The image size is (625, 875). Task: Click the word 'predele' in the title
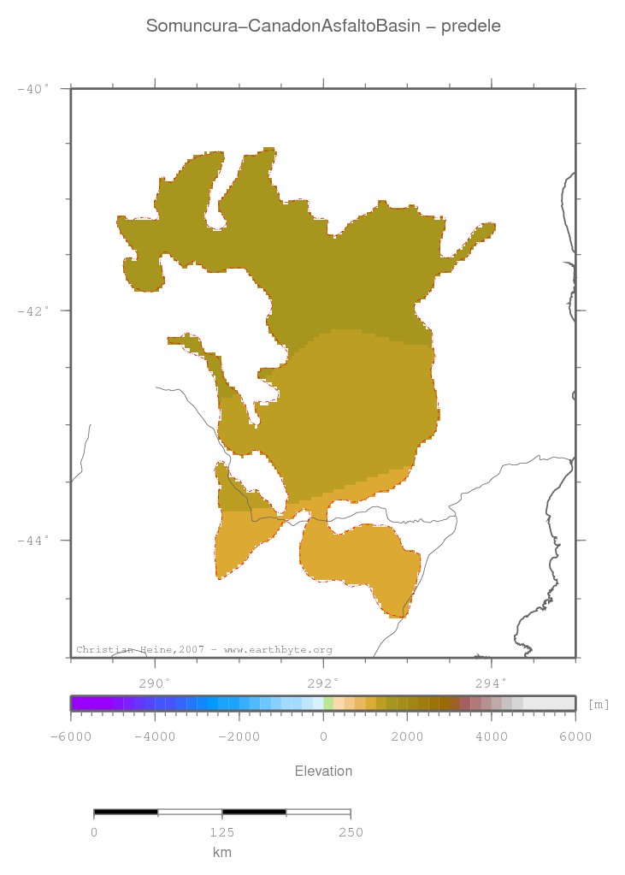(x=471, y=27)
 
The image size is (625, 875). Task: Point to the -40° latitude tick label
(x=34, y=88)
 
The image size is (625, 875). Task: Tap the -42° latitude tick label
(x=34, y=310)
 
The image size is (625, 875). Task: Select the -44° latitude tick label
(x=34, y=540)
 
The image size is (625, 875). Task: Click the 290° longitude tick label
(x=154, y=683)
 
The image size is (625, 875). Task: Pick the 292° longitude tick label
(x=323, y=683)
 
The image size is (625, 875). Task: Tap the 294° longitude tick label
(x=491, y=683)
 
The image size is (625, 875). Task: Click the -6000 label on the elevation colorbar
(x=71, y=736)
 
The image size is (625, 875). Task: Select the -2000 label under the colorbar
(x=239, y=736)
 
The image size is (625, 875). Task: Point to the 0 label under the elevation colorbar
(x=323, y=736)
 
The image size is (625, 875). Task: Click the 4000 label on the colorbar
(x=491, y=736)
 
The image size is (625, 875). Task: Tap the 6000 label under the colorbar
(x=575, y=736)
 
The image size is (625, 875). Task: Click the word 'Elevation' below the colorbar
(x=323, y=772)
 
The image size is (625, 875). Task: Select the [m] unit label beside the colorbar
(x=598, y=704)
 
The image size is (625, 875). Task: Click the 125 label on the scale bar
(x=222, y=832)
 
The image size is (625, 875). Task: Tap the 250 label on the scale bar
(x=351, y=832)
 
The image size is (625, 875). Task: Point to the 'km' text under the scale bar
(x=222, y=852)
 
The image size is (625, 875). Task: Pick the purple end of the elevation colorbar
(x=79, y=703)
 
